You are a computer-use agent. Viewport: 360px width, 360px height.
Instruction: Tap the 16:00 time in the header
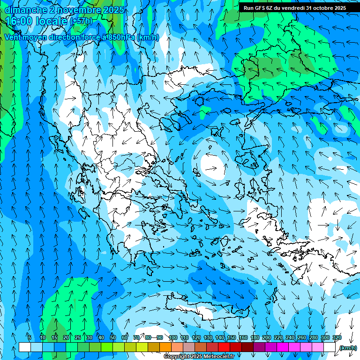(18, 21)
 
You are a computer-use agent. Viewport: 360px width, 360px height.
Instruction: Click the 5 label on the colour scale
(29, 337)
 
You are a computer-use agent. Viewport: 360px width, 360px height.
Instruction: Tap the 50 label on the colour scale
(113, 337)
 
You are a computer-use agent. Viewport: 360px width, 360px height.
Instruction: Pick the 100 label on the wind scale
(173, 337)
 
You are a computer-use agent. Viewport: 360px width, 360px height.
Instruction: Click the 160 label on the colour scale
(243, 337)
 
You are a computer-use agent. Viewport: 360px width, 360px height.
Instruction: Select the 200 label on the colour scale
(267, 337)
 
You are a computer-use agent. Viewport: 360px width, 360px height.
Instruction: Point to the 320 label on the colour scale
(337, 337)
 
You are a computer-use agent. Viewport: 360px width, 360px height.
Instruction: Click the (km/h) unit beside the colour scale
(347, 348)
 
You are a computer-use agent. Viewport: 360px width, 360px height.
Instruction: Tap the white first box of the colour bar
(24, 347)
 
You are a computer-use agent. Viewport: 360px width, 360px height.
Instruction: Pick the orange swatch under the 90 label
(165, 347)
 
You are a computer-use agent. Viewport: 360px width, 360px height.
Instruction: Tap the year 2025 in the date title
(114, 10)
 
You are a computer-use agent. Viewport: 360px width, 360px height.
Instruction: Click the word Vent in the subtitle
(13, 37)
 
